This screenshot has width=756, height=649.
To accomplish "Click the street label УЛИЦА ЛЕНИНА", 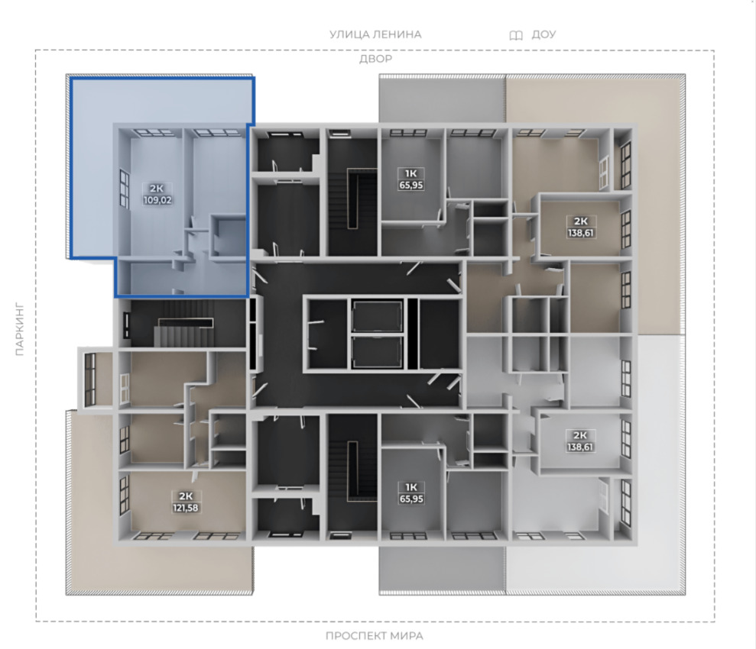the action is [x=375, y=34].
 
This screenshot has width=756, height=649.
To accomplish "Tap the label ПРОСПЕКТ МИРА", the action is [x=374, y=635].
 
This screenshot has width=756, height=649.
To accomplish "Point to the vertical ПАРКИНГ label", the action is [x=19, y=329].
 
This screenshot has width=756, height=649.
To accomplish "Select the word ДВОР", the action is [x=375, y=59].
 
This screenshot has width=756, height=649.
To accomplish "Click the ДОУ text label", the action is [x=543, y=34].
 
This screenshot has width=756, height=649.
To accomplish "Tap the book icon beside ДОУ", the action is [x=516, y=35].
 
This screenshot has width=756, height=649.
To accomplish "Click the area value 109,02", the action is [x=157, y=200].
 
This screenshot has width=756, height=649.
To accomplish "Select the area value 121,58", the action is [x=186, y=508].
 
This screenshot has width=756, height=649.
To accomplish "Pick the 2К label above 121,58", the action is [x=186, y=496].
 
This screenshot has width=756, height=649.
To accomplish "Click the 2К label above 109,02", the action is [x=157, y=189].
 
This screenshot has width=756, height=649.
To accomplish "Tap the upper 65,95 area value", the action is [x=411, y=185].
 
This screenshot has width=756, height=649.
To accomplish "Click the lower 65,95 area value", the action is [x=411, y=499].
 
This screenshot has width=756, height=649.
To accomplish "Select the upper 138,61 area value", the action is [x=580, y=233].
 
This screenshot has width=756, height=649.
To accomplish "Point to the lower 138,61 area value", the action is [x=580, y=447].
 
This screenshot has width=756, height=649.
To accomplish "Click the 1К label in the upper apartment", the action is [x=411, y=173].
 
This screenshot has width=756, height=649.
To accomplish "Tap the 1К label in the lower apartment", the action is [x=411, y=487].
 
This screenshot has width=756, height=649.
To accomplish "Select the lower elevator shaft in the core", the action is [x=377, y=351].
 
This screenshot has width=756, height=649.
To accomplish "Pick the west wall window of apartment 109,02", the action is [x=125, y=189].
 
